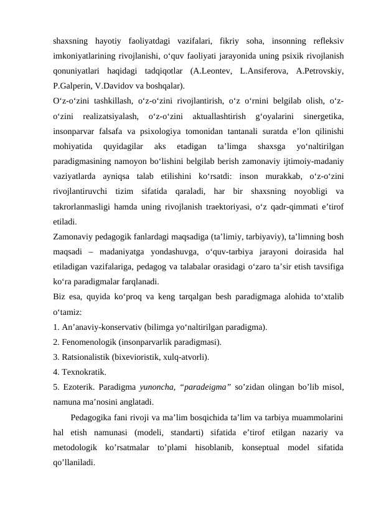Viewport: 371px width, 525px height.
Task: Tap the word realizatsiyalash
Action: point(109,116)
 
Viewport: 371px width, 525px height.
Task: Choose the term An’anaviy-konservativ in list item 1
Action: point(101,326)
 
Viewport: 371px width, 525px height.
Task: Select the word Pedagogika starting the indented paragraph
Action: point(94,417)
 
